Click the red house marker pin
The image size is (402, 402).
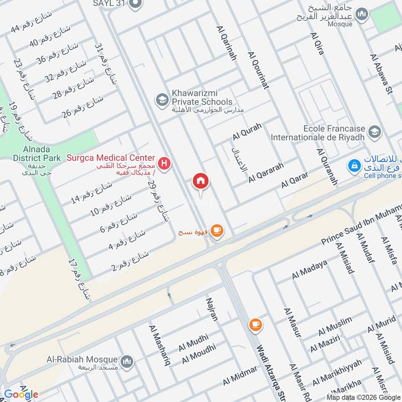(200, 181)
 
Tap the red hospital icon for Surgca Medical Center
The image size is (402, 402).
(164, 163)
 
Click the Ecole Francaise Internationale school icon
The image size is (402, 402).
(374, 132)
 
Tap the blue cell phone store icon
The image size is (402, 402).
(355, 165)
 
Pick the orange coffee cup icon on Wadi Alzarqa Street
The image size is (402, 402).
(255, 325)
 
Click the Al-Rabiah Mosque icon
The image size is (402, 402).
(127, 361)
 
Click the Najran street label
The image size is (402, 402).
(211, 309)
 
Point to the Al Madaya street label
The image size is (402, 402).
(310, 270)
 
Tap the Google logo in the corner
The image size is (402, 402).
(21, 394)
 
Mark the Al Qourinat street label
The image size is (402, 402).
(258, 70)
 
